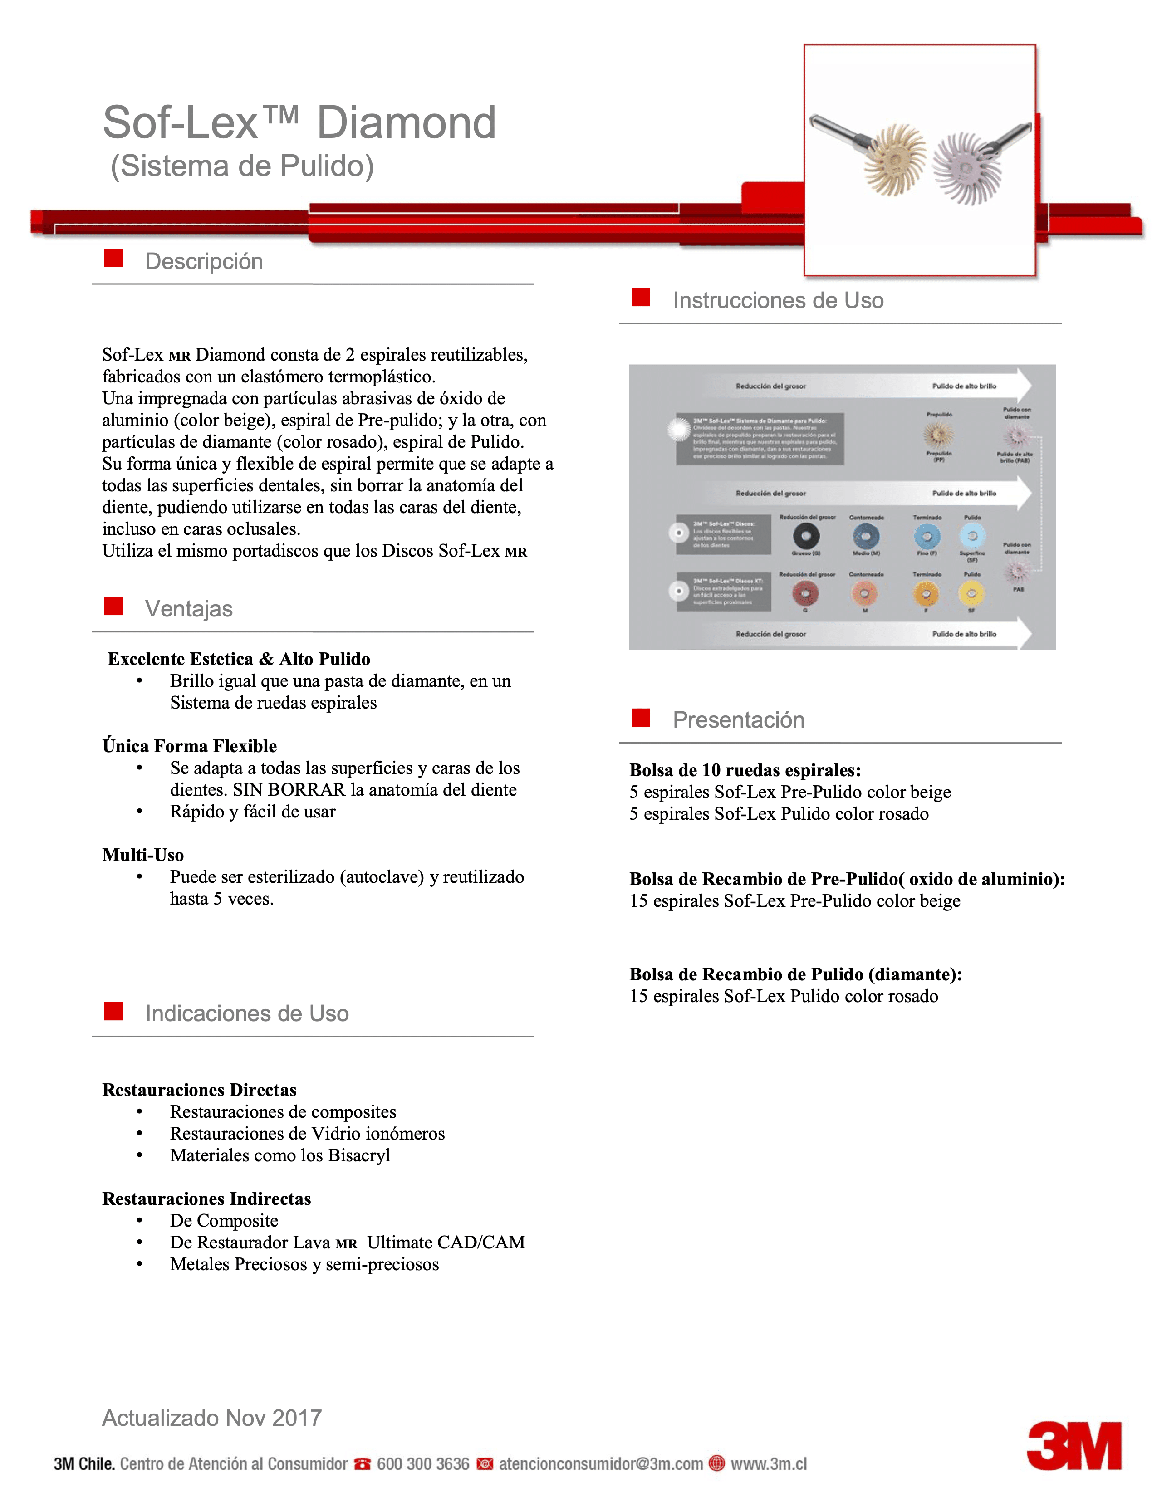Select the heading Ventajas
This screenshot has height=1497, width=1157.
pos(188,609)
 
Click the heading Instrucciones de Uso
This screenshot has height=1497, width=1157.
pos(778,300)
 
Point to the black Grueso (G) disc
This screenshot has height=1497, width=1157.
pos(806,536)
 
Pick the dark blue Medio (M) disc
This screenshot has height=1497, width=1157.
pos(866,536)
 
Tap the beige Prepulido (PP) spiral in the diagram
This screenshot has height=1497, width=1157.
pos(938,434)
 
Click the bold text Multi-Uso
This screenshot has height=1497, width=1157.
pos(142,855)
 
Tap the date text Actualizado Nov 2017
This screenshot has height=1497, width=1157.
pos(212,1418)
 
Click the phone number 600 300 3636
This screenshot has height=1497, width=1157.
pos(423,1463)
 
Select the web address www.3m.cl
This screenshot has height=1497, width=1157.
pos(768,1463)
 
